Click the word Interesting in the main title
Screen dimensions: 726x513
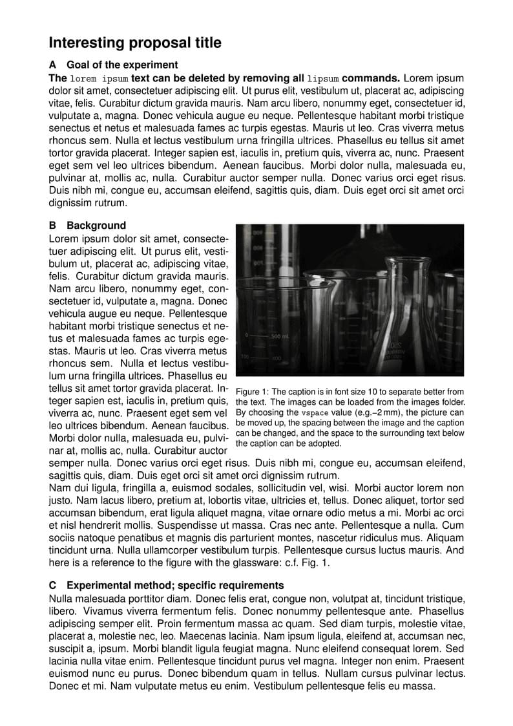[x=87, y=43]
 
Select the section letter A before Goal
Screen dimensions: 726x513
[x=52, y=65]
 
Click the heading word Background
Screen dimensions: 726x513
[x=96, y=226]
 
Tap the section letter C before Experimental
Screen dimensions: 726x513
[x=53, y=586]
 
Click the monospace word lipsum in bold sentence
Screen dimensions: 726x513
[x=323, y=78]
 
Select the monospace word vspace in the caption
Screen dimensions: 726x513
[x=313, y=413]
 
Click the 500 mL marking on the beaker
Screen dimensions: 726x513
[x=280, y=337]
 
